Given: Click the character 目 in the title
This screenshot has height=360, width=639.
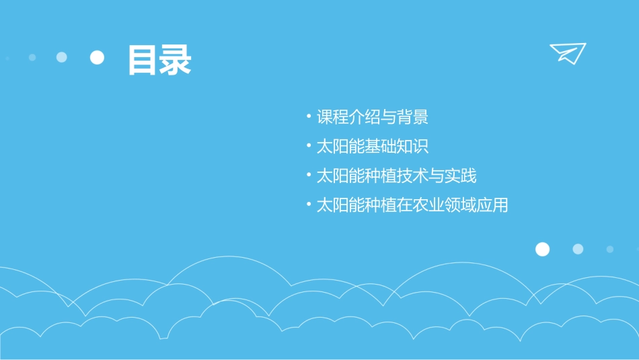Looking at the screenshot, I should click(143, 60).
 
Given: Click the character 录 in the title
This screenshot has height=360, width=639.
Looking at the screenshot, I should click(176, 60).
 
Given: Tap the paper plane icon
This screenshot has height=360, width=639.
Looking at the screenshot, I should click(568, 52).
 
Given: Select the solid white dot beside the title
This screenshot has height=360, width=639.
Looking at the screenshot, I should click(98, 57).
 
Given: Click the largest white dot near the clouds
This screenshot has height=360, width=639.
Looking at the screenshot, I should click(542, 250).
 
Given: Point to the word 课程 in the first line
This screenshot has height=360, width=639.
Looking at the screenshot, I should click(332, 118).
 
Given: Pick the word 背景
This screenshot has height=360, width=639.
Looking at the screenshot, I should click(412, 118).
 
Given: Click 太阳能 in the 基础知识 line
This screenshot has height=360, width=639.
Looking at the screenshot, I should click(340, 147).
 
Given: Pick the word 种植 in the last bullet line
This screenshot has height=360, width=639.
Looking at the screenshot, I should click(380, 205).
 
